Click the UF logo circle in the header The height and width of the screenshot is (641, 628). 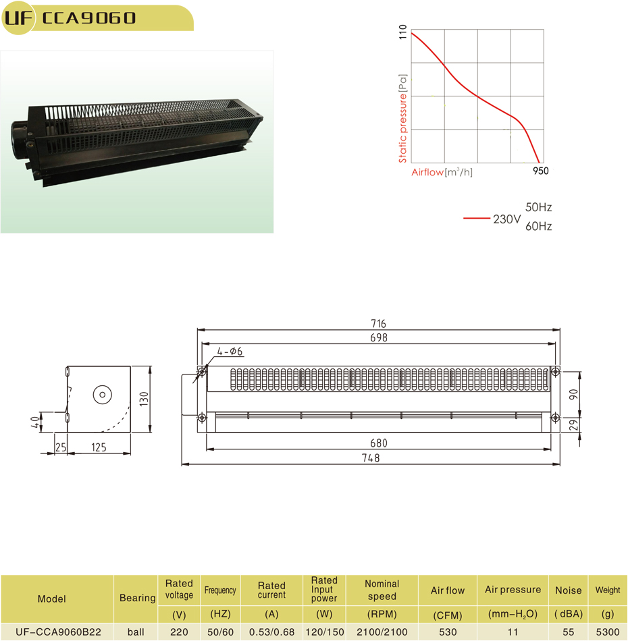(x=18, y=18)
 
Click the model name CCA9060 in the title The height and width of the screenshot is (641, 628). (x=88, y=18)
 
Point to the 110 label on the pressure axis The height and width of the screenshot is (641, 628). (x=402, y=32)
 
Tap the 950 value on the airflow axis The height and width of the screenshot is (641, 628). (x=540, y=171)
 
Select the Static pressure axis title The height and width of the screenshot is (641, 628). (x=402, y=119)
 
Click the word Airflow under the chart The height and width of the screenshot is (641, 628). (x=427, y=172)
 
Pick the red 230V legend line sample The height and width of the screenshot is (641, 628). (x=476, y=219)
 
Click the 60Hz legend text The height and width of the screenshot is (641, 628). (x=538, y=226)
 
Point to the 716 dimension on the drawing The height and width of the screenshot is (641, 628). (x=378, y=324)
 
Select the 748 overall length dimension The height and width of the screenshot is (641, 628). (x=371, y=458)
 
